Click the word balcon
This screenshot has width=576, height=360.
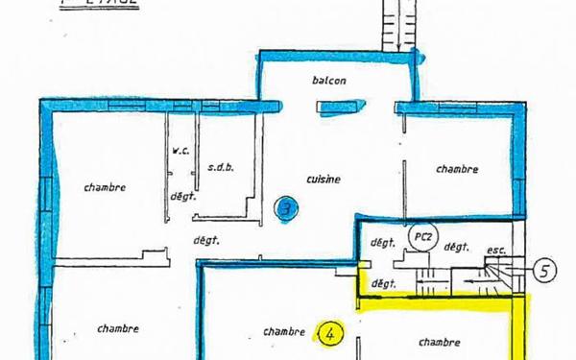click(x=327, y=81)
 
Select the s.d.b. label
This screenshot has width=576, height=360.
click(x=221, y=166)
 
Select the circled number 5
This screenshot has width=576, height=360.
click(x=543, y=271)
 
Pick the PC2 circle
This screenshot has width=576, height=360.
click(x=419, y=234)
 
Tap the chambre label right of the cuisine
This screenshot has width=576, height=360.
click(x=457, y=169)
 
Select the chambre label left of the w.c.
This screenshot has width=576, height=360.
click(x=104, y=186)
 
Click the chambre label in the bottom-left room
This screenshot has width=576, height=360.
click(x=117, y=328)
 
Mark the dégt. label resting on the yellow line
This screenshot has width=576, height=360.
click(x=384, y=284)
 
